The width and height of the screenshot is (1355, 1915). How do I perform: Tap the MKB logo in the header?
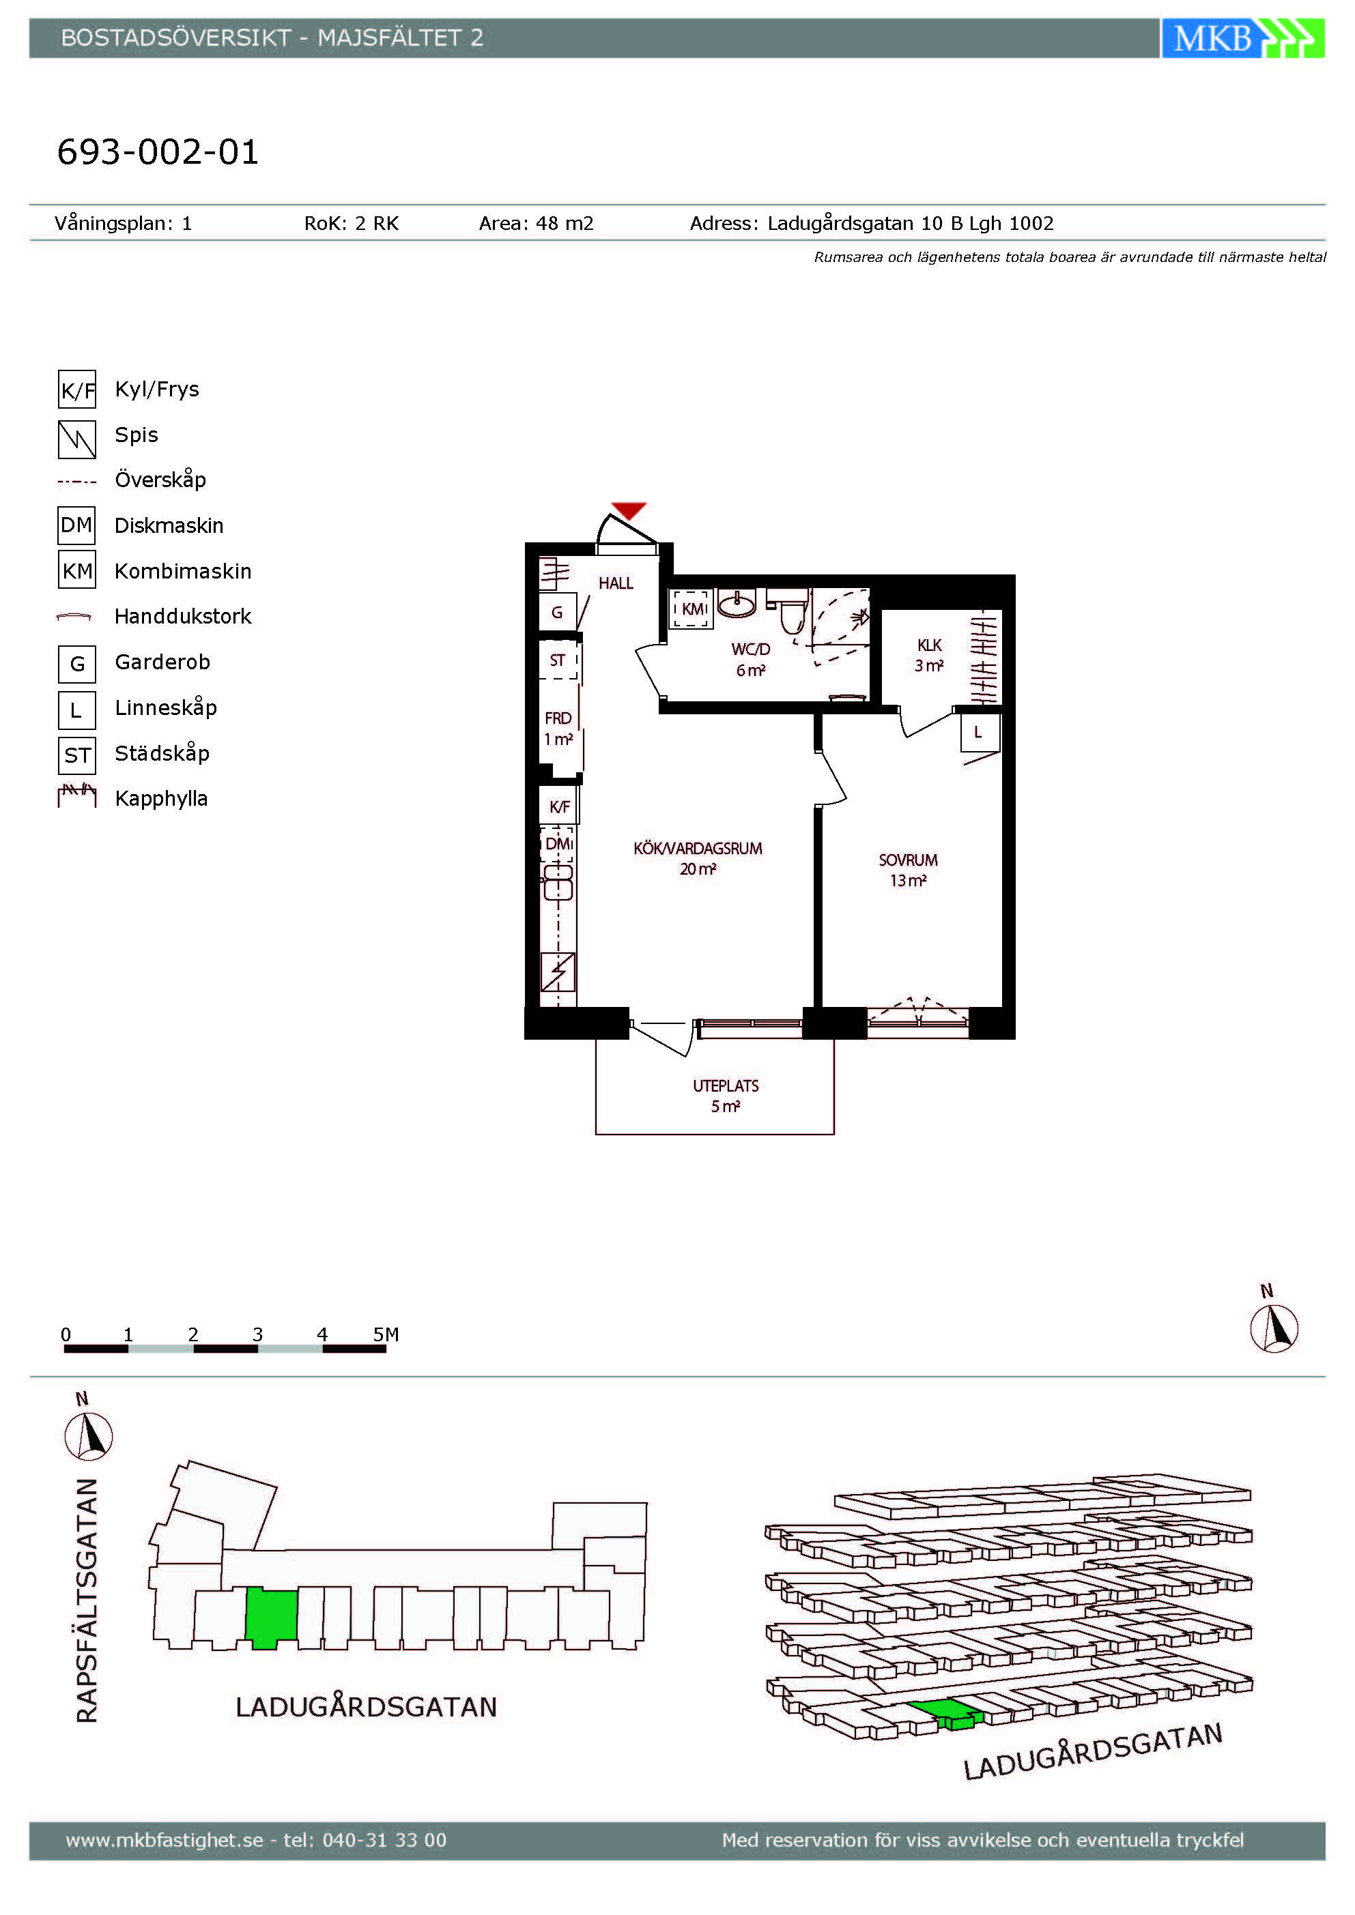tap(1242, 38)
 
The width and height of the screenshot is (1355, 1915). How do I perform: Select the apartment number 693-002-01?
tap(158, 152)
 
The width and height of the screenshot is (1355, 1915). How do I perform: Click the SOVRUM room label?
tap(908, 860)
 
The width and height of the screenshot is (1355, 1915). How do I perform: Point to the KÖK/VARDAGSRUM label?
tap(698, 848)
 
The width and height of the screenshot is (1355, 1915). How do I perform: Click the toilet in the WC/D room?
tap(789, 611)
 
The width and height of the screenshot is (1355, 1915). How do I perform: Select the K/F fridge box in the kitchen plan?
tap(558, 806)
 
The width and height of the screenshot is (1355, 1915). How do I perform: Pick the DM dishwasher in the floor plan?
tap(557, 844)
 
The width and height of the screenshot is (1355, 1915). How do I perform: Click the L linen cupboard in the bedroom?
tap(980, 732)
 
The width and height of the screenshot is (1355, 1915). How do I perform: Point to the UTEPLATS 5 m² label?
tap(725, 1096)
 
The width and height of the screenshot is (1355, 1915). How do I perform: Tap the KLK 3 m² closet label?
tap(928, 655)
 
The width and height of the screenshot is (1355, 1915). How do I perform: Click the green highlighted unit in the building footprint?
tap(271, 1618)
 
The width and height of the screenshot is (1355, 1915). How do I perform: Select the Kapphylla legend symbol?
tap(76, 797)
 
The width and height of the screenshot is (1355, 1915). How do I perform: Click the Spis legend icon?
tap(76, 439)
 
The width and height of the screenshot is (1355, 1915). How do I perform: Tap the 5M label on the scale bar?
tap(386, 1334)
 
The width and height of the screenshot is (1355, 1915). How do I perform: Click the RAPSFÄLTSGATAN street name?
tap(87, 1600)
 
